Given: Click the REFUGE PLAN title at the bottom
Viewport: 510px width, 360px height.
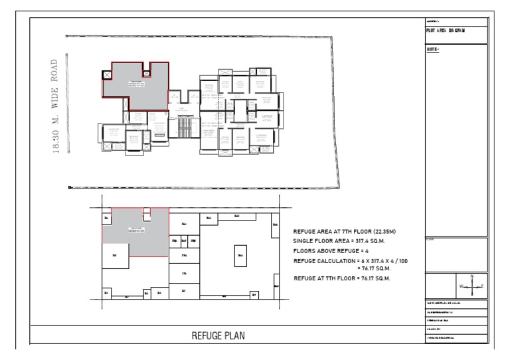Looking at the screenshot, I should pyautogui.click(x=217, y=336).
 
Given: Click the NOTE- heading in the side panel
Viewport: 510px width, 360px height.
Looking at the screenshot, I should pyautogui.click(x=433, y=50).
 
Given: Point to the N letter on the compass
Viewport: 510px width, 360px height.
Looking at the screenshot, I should pyautogui.click(x=471, y=276).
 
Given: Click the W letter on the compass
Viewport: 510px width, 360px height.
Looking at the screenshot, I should pyautogui.click(x=461, y=286).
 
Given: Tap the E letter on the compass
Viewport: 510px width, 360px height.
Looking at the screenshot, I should pyautogui.click(x=482, y=286).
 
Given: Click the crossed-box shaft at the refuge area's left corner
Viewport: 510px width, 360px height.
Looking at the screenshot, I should pyautogui.click(x=108, y=74).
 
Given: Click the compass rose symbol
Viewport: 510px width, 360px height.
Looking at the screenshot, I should pyautogui.click(x=471, y=286).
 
